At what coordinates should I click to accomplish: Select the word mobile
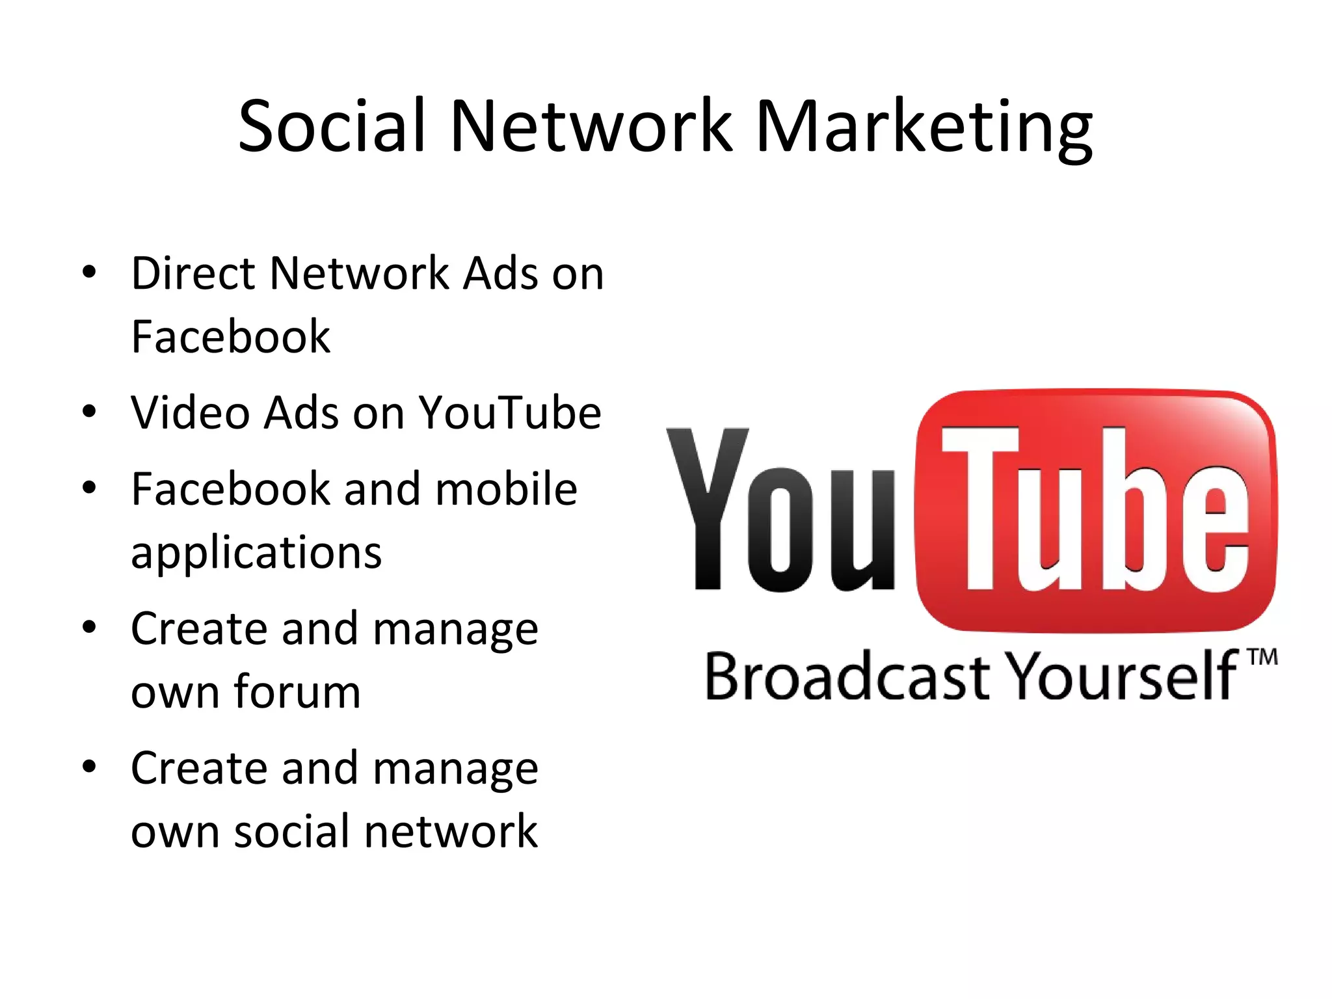pyautogui.click(x=506, y=488)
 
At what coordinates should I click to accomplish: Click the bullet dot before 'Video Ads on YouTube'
pyautogui.click(x=90, y=412)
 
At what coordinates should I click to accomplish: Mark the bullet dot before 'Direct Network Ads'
pyautogui.click(x=90, y=272)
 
